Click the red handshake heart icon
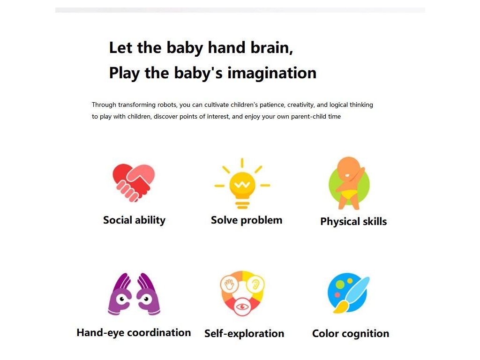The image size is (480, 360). click(134, 183)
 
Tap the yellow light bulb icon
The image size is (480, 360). click(242, 184)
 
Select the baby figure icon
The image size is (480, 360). click(349, 183)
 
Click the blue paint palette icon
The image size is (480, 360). click(348, 293)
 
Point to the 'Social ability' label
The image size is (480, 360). click(134, 220)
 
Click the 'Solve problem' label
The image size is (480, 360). click(247, 220)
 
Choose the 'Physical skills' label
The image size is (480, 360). click(353, 222)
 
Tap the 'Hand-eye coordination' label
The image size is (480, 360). click(134, 333)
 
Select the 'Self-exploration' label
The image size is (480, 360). click(244, 333)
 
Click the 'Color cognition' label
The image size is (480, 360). click(351, 333)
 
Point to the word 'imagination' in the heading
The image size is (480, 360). click(272, 74)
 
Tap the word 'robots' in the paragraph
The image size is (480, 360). click(167, 105)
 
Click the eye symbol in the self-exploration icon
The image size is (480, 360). click(242, 307)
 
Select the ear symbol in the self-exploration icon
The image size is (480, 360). click(255, 284)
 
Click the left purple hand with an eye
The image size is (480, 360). click(120, 294)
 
